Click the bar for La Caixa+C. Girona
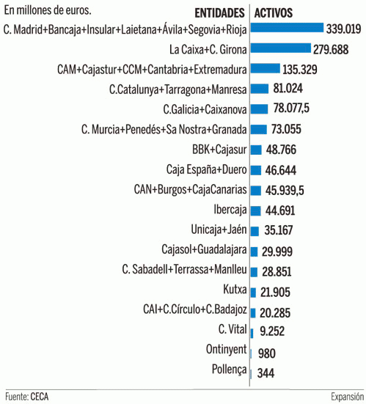tap(277, 48)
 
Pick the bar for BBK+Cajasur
tap(256, 150)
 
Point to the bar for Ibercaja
tap(255, 210)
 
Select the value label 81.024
tap(290, 89)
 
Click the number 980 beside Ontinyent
tap(267, 352)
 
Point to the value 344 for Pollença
tap(266, 372)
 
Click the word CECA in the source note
tap(40, 396)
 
